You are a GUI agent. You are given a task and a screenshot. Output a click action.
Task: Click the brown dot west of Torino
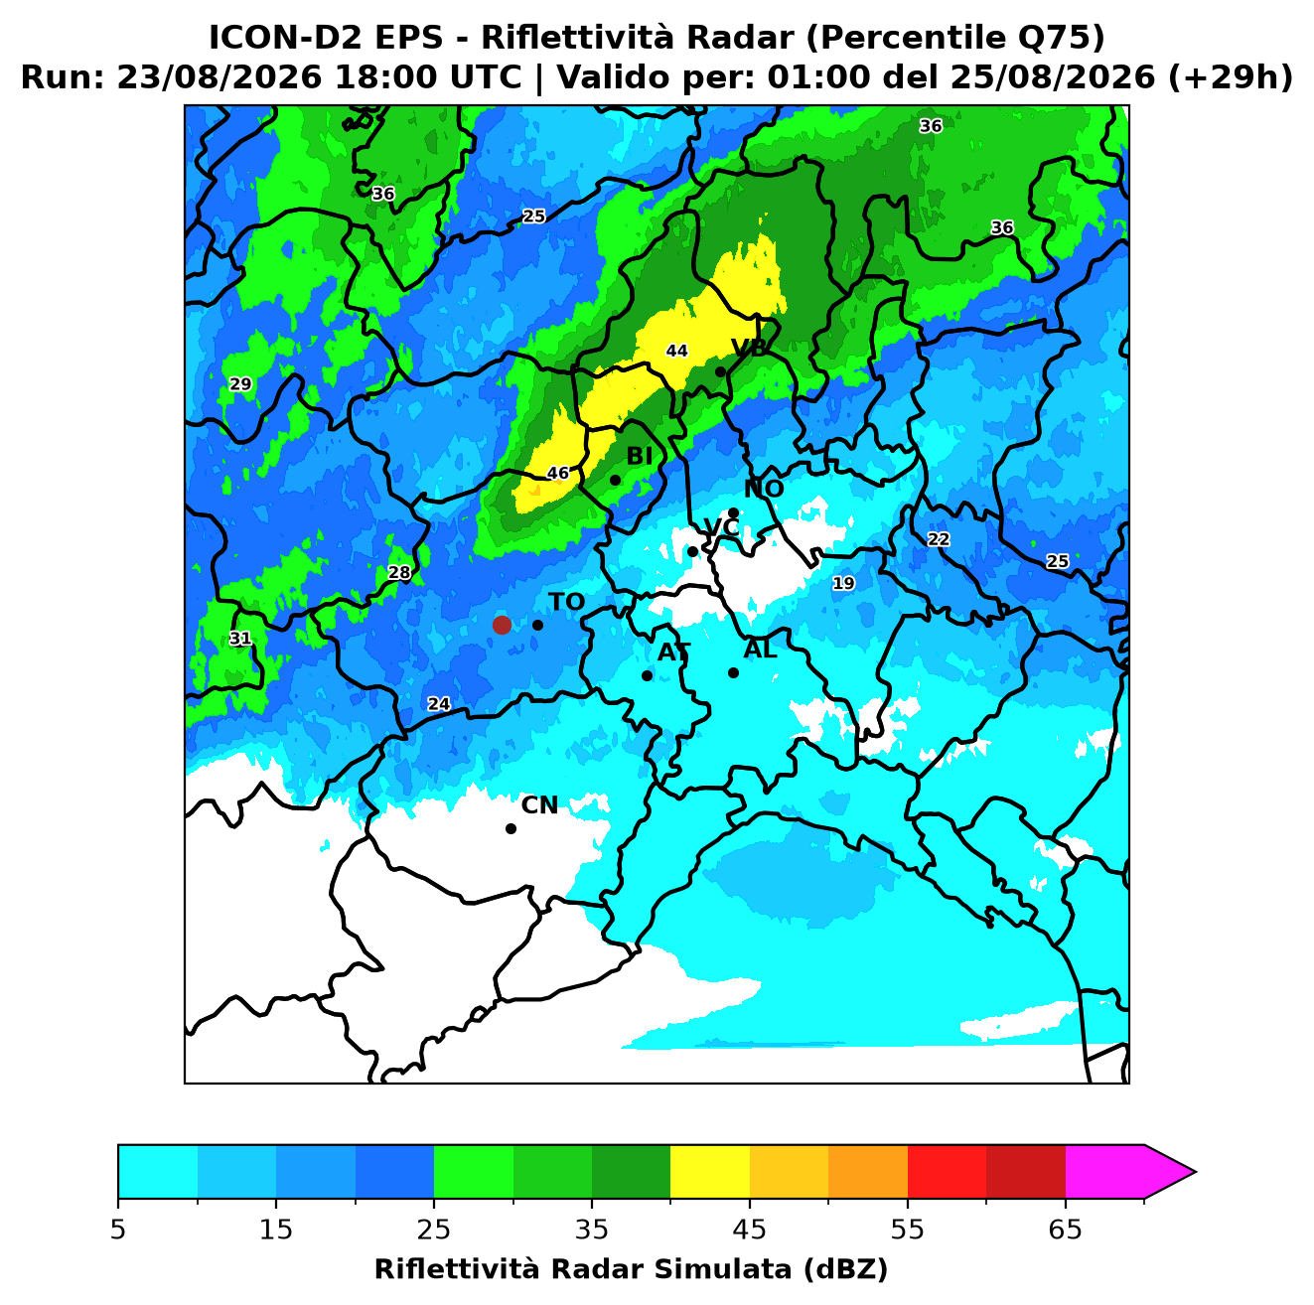coord(502,625)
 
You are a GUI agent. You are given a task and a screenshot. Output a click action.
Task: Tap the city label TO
coord(567,602)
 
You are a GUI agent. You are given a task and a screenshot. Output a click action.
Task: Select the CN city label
coord(539,805)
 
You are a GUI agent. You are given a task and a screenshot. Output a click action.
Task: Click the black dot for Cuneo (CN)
coord(511,829)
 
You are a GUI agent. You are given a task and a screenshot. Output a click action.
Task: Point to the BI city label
coord(639,457)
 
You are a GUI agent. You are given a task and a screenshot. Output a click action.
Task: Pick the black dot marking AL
coord(733,672)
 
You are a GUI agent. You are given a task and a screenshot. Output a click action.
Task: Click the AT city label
coord(673,652)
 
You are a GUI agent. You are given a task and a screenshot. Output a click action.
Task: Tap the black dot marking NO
coord(733,513)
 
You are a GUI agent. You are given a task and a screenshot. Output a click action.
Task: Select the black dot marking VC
coord(692,551)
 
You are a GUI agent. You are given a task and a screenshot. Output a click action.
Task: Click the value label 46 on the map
coord(558,473)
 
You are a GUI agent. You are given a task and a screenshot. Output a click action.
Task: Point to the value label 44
coord(676,351)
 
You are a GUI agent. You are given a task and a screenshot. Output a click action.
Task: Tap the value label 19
coord(843,583)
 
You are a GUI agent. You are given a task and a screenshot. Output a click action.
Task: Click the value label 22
coord(939,539)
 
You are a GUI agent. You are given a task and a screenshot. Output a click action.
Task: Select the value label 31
coord(240,639)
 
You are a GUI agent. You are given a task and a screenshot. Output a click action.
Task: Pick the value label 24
coord(438,704)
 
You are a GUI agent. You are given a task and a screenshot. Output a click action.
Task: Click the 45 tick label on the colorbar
coord(749,1230)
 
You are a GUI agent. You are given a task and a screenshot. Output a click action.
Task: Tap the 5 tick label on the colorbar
coord(118,1230)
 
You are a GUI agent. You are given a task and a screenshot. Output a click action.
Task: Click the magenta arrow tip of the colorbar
coord(1195,1173)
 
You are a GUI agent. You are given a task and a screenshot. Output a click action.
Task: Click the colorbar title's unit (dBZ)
coord(845,1269)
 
